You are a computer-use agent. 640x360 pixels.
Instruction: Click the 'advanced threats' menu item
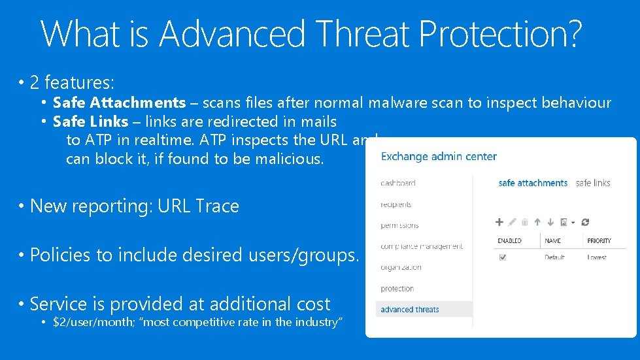[410, 310]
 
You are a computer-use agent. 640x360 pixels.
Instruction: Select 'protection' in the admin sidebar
[397, 289]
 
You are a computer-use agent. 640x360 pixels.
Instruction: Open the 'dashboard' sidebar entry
[398, 184]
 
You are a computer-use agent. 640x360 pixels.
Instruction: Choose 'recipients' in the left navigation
[396, 205]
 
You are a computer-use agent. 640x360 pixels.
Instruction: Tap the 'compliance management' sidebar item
[422, 246]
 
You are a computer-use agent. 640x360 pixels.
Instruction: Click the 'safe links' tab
[593, 184]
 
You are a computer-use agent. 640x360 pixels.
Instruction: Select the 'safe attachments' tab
[532, 184]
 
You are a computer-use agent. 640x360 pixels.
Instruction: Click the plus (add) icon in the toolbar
[499, 222]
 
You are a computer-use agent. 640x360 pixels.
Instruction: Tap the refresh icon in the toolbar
[585, 222]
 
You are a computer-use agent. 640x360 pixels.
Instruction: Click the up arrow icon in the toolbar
[538, 222]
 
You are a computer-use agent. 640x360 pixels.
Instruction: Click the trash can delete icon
[525, 222]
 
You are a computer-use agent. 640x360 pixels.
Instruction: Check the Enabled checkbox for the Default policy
[502, 257]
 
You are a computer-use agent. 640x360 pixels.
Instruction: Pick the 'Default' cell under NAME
[554, 257]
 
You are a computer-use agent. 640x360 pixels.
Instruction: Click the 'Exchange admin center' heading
[439, 157]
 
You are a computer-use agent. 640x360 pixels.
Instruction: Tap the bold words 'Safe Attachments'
[119, 103]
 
